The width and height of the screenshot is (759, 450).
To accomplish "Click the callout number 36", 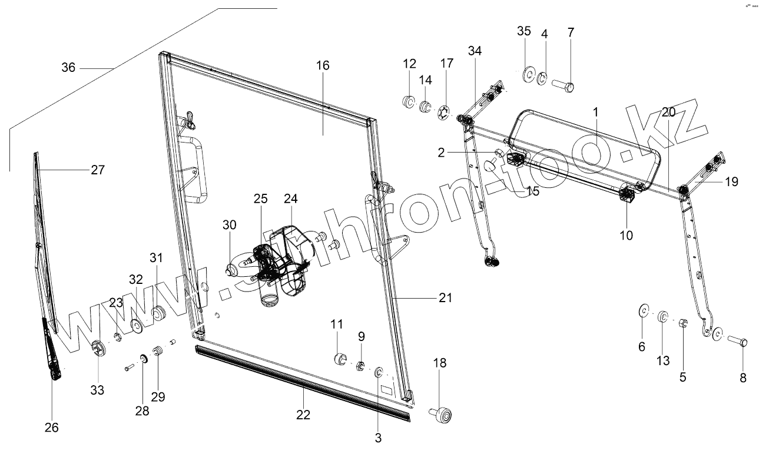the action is coord(68,68).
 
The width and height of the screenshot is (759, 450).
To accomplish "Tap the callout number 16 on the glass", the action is coord(323,65).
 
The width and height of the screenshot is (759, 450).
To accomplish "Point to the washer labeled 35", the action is coord(528,74).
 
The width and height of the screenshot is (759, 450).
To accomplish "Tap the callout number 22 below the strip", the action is coord(303,415).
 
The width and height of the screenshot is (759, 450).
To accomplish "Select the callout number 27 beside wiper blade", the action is coord(98,170).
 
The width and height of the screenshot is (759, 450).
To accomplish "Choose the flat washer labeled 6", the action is coord(643,310).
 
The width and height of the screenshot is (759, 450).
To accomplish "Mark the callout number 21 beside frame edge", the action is coord(445,298).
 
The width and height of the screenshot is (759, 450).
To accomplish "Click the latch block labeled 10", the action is coord(627,194).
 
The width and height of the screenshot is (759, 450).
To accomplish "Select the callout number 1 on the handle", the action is coord(595,111).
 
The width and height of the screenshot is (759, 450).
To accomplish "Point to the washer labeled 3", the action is coord(379,372).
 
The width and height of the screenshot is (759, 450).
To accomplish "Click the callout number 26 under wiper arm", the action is coord(52,428).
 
